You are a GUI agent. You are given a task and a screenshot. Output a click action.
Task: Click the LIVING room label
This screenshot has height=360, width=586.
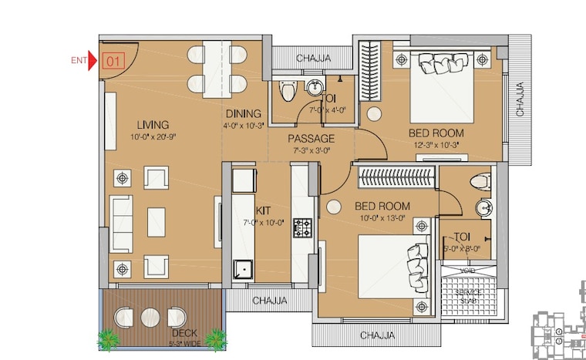coord(153,125)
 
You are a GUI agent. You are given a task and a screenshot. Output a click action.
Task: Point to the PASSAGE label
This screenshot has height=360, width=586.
coord(311,139)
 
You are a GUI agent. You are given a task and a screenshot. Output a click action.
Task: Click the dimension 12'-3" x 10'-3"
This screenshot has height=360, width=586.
coord(436,145)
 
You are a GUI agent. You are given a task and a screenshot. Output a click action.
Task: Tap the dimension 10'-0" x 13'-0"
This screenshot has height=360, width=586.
coord(382,219)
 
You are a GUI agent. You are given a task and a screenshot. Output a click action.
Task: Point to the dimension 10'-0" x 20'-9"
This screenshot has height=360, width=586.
coord(153,137)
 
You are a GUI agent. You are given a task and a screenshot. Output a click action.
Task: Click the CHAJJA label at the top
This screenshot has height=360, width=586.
coord(314,58)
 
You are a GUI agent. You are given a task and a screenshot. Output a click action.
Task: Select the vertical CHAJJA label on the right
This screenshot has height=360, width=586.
coord(520,101)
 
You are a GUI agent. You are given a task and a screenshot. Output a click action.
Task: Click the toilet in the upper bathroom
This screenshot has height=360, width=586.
coord(288,92)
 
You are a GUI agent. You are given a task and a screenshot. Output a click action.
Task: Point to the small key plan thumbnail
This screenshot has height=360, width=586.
coord(560,333)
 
